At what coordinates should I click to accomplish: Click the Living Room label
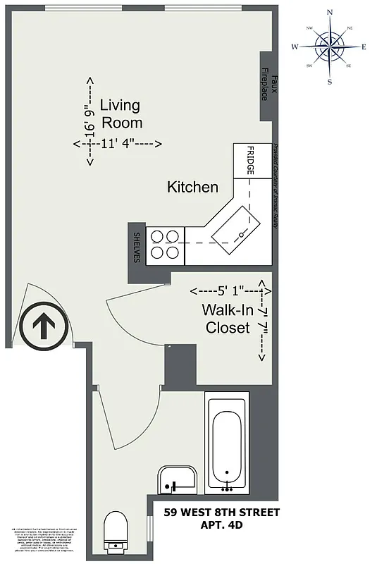(120, 114)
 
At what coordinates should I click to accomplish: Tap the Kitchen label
(192, 188)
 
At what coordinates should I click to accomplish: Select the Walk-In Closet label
(227, 319)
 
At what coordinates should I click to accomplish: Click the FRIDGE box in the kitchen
(250, 161)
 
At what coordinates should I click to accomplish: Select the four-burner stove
(165, 244)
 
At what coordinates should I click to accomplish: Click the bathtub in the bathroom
(226, 444)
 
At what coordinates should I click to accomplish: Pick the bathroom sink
(176, 479)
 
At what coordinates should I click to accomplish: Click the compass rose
(329, 47)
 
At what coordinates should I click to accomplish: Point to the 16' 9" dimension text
(89, 121)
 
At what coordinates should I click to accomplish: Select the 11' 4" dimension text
(118, 145)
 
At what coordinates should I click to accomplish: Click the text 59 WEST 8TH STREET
(221, 512)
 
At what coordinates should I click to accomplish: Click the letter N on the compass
(329, 13)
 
